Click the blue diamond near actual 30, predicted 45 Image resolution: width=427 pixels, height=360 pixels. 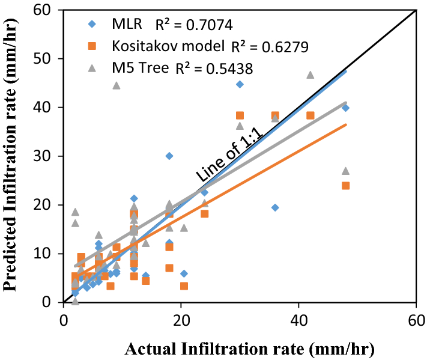coord(240,84)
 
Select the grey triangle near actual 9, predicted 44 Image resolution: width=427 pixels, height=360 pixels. coord(117,85)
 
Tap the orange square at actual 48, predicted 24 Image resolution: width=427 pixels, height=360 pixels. coord(345,186)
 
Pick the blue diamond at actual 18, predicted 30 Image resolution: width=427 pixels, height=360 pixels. coord(169,156)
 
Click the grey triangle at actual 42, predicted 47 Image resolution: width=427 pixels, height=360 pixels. coord(310,75)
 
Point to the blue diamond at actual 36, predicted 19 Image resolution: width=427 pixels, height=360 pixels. coord(275,207)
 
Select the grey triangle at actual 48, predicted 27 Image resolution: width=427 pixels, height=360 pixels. coord(345,171)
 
